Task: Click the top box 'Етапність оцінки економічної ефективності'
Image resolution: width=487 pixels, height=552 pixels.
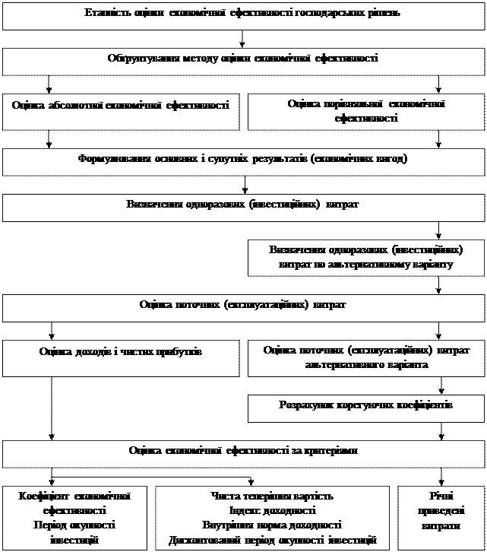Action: click(x=243, y=14)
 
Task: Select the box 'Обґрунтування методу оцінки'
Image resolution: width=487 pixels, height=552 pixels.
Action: click(x=243, y=59)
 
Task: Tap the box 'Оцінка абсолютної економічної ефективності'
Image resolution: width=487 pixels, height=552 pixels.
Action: click(x=120, y=106)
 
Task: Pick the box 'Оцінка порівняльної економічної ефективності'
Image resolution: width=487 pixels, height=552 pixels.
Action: click(x=365, y=111)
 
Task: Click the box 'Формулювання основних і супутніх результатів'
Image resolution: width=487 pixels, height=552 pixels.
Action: click(x=243, y=160)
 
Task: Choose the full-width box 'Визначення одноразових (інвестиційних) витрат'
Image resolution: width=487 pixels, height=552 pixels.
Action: click(x=243, y=205)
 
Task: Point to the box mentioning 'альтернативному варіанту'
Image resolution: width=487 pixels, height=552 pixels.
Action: click(x=365, y=258)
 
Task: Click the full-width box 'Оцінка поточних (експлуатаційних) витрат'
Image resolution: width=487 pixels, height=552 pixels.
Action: click(x=243, y=305)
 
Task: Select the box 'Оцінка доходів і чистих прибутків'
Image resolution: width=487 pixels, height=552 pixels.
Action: click(x=120, y=352)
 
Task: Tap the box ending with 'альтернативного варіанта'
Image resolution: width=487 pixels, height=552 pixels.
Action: click(x=365, y=357)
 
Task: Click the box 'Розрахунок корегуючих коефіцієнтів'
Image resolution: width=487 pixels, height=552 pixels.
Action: click(x=365, y=406)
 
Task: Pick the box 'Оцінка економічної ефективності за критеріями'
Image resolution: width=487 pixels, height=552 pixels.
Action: click(x=243, y=452)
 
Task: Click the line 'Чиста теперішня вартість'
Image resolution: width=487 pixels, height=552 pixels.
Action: click(x=272, y=496)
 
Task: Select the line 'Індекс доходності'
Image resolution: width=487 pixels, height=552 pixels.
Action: click(x=272, y=511)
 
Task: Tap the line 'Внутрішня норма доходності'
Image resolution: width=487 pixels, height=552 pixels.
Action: click(x=272, y=525)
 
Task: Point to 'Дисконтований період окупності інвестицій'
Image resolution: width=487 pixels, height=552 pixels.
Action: click(x=272, y=540)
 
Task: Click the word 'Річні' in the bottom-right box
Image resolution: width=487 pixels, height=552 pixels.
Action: click(x=440, y=496)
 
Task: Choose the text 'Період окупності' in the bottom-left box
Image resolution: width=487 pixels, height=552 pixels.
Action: click(x=74, y=525)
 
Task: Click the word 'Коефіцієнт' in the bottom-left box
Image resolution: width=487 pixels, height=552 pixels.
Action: click(x=45, y=496)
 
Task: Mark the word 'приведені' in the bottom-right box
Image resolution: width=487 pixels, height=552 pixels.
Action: click(x=440, y=511)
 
